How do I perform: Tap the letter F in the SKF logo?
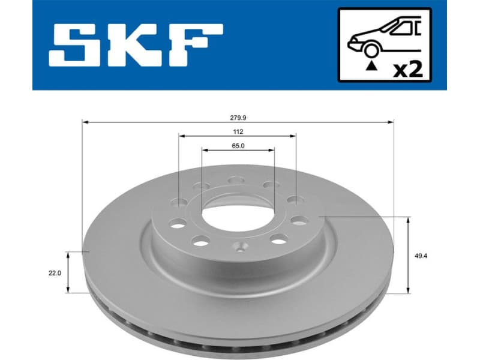click(x=193, y=45)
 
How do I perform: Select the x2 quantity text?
click(x=407, y=68)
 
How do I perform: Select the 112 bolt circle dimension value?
click(x=238, y=131)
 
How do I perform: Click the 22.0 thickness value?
click(x=55, y=272)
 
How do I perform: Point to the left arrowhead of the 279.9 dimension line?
click(x=85, y=122)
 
